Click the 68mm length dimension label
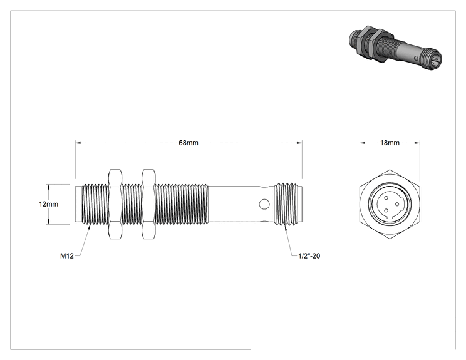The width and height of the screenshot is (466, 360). (189, 143)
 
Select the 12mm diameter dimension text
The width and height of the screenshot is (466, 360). (48, 204)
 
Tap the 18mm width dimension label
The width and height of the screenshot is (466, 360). (390, 143)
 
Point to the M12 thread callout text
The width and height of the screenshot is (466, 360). (67, 255)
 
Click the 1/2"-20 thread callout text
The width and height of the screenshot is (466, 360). (309, 255)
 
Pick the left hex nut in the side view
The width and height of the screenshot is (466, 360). (115, 204)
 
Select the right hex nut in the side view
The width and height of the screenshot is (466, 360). (148, 204)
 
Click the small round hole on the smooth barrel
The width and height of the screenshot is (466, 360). (264, 204)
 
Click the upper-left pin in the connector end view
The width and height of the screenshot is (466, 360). (386, 198)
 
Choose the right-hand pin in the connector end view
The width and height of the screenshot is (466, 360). (397, 204)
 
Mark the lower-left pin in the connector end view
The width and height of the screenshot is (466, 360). (386, 210)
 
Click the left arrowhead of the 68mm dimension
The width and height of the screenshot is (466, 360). (78, 143)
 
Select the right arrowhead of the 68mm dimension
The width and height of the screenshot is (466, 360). (299, 143)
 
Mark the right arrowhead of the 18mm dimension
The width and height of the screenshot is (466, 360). (417, 143)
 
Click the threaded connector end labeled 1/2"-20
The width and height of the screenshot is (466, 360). (287, 204)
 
